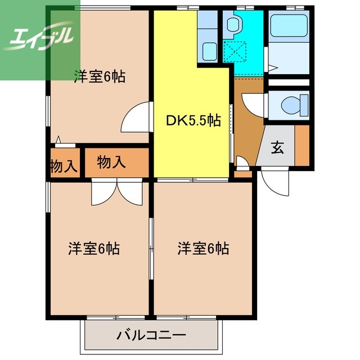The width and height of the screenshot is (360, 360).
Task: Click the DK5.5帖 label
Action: pyautogui.click(x=193, y=120)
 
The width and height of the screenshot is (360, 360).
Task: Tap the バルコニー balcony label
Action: pyautogui.click(x=151, y=336)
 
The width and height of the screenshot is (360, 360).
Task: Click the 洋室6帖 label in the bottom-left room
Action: pyautogui.click(x=94, y=248)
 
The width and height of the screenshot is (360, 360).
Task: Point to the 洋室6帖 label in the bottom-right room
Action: pyautogui.click(x=204, y=248)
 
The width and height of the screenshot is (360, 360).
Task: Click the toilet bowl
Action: pyautogui.click(x=289, y=104)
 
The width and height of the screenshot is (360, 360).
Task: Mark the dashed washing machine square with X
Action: pyautogui.click(x=234, y=51)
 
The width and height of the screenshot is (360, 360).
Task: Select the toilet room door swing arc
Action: pyautogui.click(x=252, y=104)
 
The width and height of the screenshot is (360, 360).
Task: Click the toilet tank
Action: pyautogui.click(x=304, y=104)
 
